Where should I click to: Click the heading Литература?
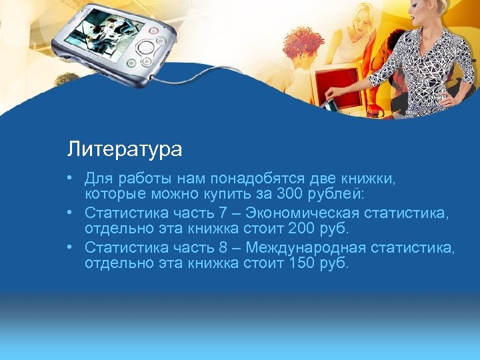[124, 149]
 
